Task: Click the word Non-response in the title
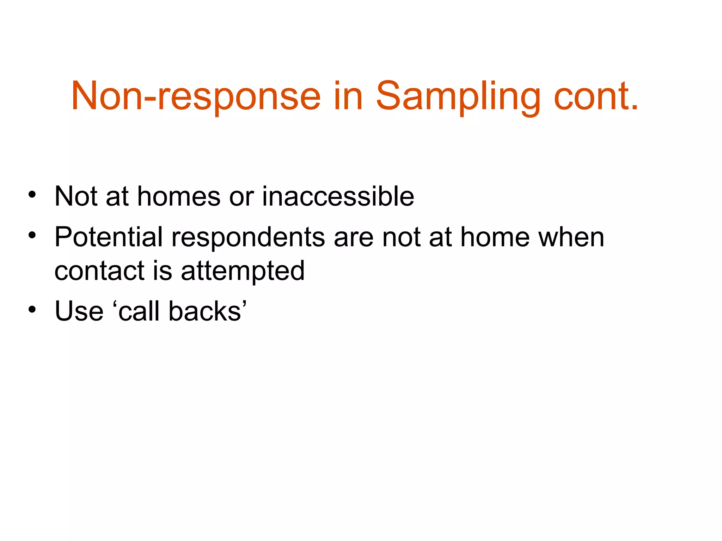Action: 196,96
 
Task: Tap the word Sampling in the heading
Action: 458,96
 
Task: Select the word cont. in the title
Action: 596,96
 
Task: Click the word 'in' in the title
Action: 348,96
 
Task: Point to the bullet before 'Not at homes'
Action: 32,195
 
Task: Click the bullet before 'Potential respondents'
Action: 32,235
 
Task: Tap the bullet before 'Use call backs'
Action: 32,310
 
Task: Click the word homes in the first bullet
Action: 179,196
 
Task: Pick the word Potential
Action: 109,237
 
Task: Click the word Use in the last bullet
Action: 79,311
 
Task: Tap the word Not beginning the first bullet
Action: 76,196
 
